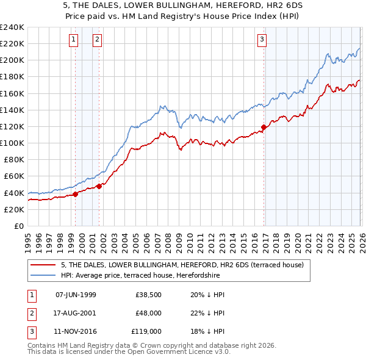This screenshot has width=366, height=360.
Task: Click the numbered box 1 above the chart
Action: [x=73, y=40]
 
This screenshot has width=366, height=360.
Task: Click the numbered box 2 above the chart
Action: [x=97, y=40]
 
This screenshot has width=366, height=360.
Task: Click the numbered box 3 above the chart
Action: [x=262, y=40]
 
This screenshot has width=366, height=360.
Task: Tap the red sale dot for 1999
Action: [x=75, y=194]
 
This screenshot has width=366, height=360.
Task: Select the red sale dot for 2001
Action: [x=99, y=186]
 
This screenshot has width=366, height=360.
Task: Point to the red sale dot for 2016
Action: [x=264, y=128]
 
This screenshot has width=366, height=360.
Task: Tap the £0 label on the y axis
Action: [x=18, y=226]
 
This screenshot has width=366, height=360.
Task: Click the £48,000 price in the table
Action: [x=149, y=313]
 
